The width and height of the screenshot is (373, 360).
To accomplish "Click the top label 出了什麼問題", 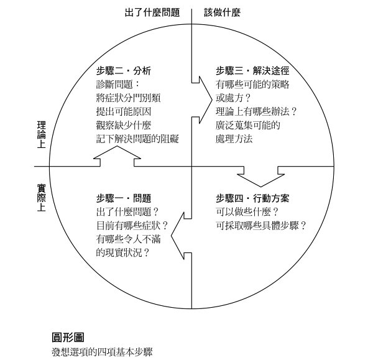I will pos(152,12).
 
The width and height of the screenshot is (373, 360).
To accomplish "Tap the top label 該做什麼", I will pos(222,12).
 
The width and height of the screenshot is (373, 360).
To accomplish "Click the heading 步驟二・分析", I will pos(124,71).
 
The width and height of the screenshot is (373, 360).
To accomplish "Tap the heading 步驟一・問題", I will pos(124,198).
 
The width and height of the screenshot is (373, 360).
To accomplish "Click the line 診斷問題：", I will pos(119,85).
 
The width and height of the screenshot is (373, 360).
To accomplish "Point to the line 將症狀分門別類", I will pos(128,98).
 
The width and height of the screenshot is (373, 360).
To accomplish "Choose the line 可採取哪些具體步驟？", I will pos(261,226).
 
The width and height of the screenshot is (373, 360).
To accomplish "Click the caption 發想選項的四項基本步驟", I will pos(102,352).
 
